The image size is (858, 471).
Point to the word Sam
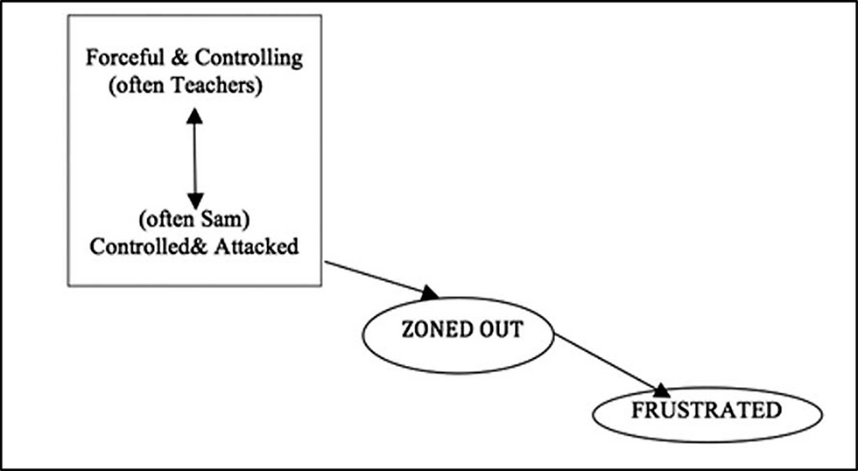pos(245,218)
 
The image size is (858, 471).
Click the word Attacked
pos(257,246)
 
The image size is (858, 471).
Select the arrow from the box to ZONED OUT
pos(376,278)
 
